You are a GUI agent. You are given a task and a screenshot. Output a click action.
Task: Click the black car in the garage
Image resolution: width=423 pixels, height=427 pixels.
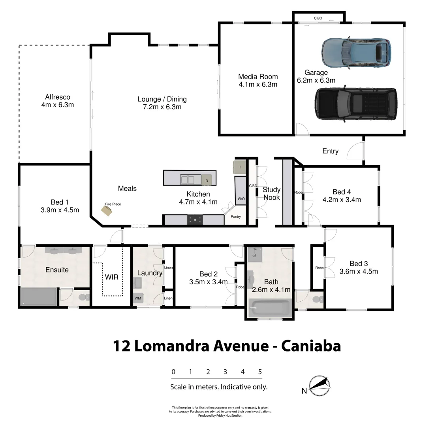point(356,104)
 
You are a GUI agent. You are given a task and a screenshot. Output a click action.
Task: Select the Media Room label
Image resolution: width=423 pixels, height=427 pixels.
point(258,77)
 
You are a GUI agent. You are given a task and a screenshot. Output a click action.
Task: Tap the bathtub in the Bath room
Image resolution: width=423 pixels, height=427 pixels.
point(270,308)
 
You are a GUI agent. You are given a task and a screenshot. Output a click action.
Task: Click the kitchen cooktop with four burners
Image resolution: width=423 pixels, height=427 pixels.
point(195,220)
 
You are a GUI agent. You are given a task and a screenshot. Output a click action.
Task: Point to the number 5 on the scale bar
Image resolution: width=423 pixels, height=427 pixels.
point(260,372)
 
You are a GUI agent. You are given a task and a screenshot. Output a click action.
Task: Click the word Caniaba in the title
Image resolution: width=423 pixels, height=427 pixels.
point(311,346)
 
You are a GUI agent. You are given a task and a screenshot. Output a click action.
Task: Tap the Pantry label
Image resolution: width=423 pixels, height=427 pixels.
point(236,217)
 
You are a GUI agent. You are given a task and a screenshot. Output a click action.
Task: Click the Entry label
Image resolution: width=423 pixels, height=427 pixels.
point(330,151)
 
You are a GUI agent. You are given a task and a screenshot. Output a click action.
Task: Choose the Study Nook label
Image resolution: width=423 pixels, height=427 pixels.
point(272,193)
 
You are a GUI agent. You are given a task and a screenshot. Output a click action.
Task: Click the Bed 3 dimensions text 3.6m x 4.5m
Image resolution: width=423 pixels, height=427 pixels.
point(359,271)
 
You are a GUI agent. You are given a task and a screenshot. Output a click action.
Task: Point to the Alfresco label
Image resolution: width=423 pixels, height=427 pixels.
point(58,97)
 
